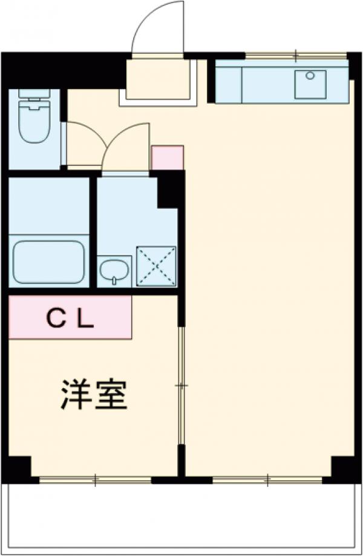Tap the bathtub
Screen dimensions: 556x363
click(48, 262)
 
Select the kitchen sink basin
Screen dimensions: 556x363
click(310, 84)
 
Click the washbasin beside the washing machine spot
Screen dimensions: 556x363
click(115, 271)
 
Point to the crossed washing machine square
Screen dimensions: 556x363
click(156, 266)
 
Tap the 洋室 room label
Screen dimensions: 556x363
click(93, 395)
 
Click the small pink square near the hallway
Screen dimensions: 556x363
click(167, 157)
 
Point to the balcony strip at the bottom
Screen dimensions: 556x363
click(181, 518)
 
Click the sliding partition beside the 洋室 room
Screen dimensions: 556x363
click(180, 386)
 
